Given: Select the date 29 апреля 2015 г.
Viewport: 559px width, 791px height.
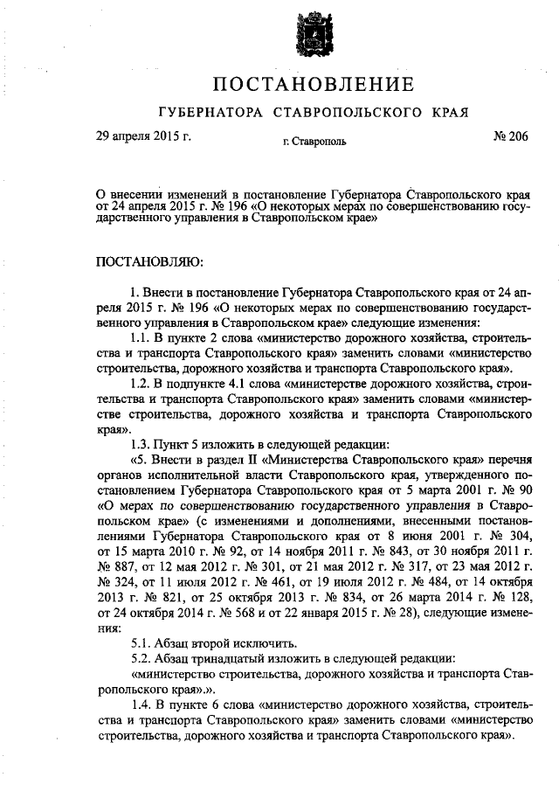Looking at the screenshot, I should click(x=143, y=136).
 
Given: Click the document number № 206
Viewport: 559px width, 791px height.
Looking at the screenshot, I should click(x=510, y=136).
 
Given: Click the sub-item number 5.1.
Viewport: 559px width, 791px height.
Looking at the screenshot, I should click(x=141, y=640).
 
